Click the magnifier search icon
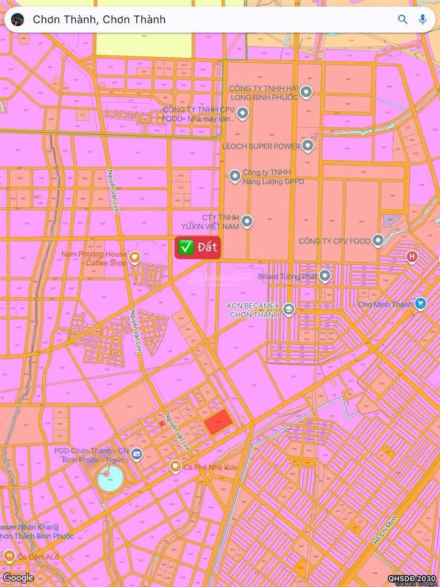tap(403, 20)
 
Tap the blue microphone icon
tap(422, 20)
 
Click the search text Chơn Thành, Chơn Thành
tap(99, 20)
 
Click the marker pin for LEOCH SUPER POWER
tap(308, 146)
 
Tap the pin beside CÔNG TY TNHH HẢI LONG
tap(307, 92)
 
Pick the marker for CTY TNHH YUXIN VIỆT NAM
tap(247, 221)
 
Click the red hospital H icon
tap(413, 256)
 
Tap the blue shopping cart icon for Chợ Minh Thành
tap(420, 303)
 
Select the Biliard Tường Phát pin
tap(325, 276)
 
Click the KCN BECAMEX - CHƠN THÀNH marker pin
tap(289, 309)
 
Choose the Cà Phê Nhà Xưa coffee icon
tap(175, 467)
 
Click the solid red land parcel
tap(218, 423)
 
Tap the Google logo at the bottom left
tap(18, 577)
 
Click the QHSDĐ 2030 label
tap(413, 578)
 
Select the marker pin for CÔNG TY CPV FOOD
tap(378, 241)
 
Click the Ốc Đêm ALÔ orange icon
tap(9, 556)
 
